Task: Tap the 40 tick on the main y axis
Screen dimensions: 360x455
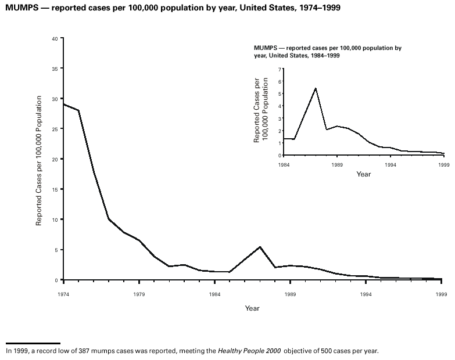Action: [x=55, y=38]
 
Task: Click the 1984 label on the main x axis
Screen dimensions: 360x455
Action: [x=214, y=294]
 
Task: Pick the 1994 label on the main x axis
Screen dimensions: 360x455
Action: [x=366, y=294]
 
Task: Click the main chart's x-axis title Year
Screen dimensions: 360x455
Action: [x=252, y=308]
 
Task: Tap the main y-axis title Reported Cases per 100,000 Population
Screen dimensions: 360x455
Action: [x=39, y=160]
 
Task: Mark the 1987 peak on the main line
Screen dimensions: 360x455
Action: [x=260, y=247]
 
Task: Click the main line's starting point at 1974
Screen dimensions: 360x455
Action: [x=63, y=104]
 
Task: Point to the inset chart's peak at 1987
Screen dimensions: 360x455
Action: [x=316, y=88]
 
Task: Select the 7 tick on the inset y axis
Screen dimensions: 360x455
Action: [x=280, y=69]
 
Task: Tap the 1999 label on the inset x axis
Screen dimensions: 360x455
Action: [x=444, y=164]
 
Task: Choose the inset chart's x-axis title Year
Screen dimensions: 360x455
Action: [x=364, y=174]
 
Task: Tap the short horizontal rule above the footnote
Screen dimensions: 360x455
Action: [x=33, y=343]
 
